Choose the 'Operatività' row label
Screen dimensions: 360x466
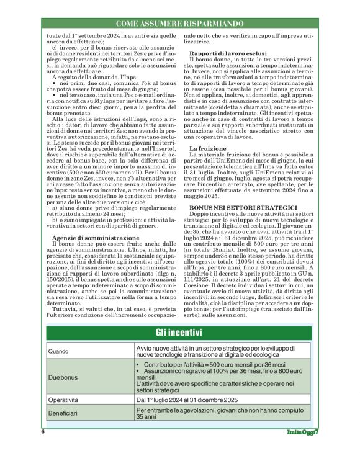pyautogui.click(x=67, y=401)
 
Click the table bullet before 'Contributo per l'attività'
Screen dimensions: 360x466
pyautogui.click(x=140, y=365)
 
